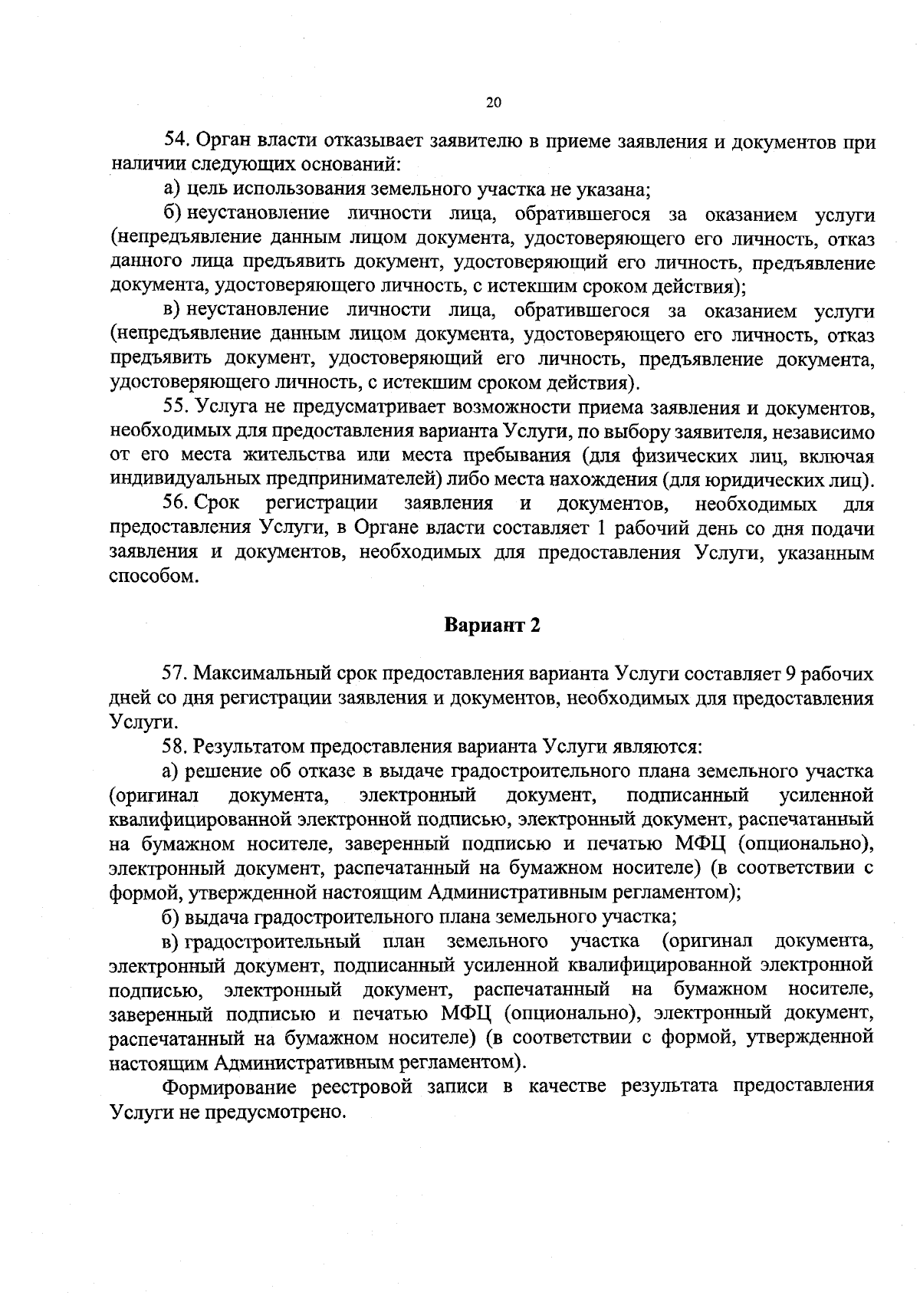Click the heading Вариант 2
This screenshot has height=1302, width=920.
point(493,625)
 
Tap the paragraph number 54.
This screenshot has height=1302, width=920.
point(177,140)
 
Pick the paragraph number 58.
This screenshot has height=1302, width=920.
point(177,745)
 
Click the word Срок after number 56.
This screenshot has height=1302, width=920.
point(217,504)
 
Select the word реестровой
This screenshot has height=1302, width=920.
point(369,1087)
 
